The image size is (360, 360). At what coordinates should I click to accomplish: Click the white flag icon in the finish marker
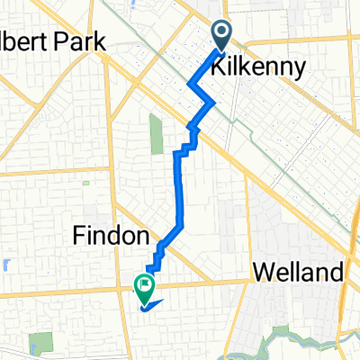click(x=144, y=285)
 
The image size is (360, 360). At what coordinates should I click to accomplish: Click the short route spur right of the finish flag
click(x=156, y=304)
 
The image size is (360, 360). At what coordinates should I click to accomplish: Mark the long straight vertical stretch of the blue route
click(x=178, y=189)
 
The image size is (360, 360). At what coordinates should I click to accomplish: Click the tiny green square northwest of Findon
click(x=87, y=184)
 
